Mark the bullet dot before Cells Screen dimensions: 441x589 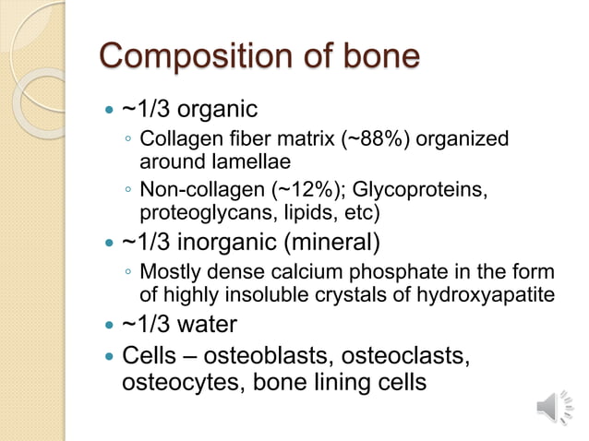(110, 355)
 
